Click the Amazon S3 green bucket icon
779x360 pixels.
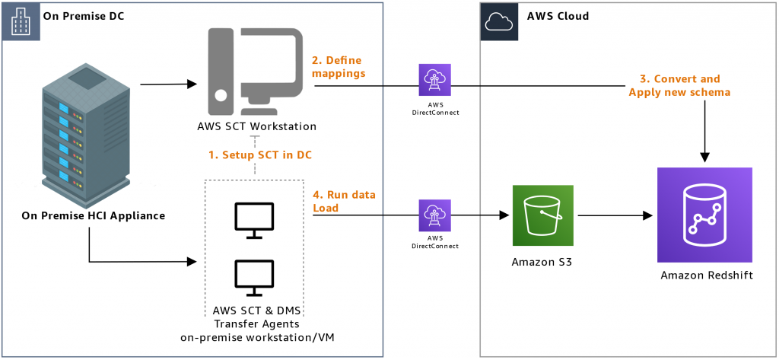pyautogui.click(x=542, y=215)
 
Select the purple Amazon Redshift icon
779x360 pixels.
pyautogui.click(x=704, y=215)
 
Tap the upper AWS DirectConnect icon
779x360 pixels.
pyautogui.click(x=434, y=80)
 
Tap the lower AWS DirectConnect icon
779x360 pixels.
pyautogui.click(x=434, y=215)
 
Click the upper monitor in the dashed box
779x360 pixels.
pyautogui.click(x=254, y=218)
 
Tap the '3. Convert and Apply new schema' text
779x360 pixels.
pyautogui.click(x=679, y=85)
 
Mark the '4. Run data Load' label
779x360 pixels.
pyautogui.click(x=344, y=201)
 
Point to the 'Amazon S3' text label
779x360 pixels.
pyautogui.click(x=542, y=263)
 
